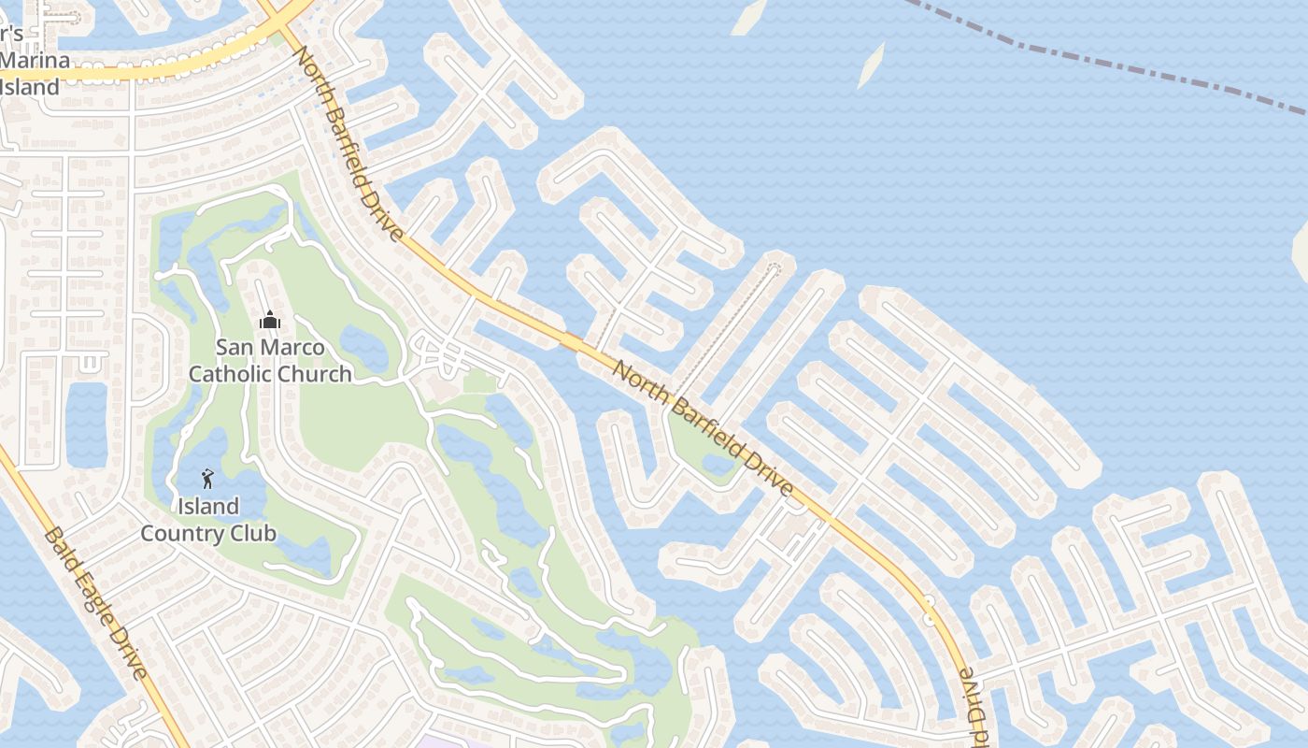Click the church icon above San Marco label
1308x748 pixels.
point(270,321)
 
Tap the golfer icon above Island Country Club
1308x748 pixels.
point(207,480)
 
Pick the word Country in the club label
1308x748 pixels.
point(183,534)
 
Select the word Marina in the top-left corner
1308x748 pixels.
point(35,61)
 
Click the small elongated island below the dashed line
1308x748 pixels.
point(871,65)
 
